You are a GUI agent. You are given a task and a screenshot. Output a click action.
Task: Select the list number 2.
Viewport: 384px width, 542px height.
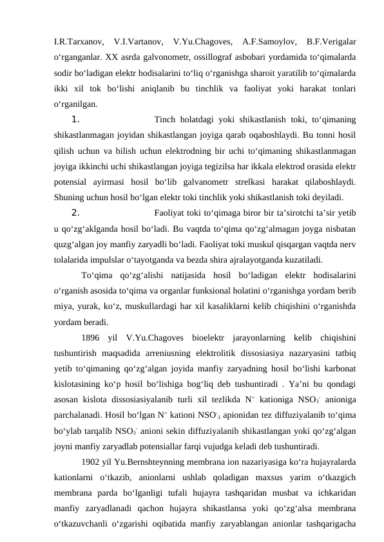tap(75, 213)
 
